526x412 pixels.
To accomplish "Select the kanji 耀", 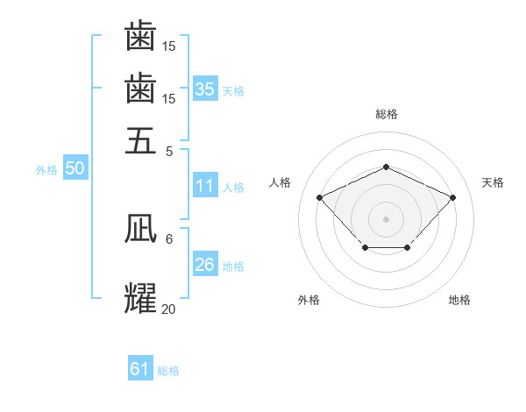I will point(140,297).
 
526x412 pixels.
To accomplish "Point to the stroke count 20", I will point(168,308).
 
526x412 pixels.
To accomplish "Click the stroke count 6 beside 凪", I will point(169,238).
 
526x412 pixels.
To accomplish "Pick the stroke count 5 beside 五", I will point(170,150).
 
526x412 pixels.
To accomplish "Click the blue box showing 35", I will point(205,89).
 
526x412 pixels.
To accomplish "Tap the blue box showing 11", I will point(205,186).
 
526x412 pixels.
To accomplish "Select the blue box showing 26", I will point(205,266).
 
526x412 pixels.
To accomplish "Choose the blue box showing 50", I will point(75,169).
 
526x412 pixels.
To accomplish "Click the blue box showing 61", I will point(140,369).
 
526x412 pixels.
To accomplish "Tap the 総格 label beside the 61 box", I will point(168,370).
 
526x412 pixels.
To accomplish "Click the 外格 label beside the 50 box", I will point(46,170).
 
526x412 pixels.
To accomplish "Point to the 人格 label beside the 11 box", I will point(233,187).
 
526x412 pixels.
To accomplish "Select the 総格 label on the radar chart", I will point(386,113).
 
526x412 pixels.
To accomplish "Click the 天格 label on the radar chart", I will point(493,182).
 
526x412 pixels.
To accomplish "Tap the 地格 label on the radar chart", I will point(459,300).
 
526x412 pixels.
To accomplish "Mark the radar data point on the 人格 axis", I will point(320,197).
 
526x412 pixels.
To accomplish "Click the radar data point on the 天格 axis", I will point(452,197).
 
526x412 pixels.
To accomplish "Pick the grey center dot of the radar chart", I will point(386,217).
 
